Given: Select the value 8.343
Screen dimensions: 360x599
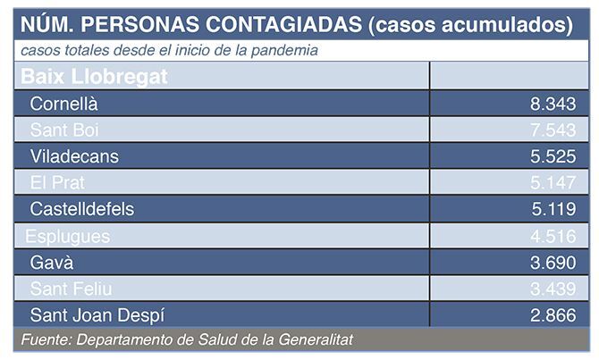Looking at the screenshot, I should pos(553,104).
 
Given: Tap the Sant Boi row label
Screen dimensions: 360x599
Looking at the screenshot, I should pos(64,130).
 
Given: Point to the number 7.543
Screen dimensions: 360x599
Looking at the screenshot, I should pos(553,130).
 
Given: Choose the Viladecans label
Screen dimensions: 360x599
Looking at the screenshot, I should pos(74,156).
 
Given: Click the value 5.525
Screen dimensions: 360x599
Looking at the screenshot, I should pos(553,156).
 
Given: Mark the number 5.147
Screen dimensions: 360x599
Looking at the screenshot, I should pos(553,183).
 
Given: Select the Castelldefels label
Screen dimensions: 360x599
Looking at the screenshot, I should pos(82,209).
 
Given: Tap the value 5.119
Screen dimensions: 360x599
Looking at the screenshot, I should pos(553,209).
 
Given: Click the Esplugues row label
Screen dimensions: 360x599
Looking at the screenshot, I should pos(68,236).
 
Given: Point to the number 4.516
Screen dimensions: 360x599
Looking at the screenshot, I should pos(553,236).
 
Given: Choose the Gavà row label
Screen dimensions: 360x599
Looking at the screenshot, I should pos(52,263).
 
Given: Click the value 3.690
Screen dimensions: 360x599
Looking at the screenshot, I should pos(553,263).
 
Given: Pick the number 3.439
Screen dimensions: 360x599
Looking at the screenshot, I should pos(553,289).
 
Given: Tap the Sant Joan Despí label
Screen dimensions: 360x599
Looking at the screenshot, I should pos(97,315).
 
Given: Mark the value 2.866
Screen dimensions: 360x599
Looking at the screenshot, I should pos(553,315).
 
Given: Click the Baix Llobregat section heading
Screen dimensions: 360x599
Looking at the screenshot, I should pos(94,77).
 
